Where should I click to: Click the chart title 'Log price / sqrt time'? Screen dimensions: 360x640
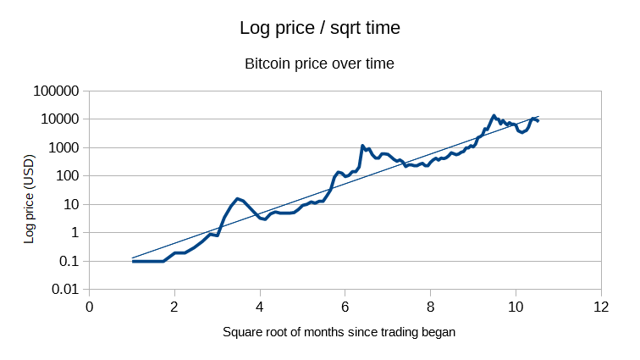pos(319,28)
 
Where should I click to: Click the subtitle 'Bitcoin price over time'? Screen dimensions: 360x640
pos(319,64)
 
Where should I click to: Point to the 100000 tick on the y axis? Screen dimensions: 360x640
pos(54,91)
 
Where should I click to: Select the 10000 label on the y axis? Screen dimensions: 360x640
pos(58,119)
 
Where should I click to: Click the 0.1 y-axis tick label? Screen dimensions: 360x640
pos(68,261)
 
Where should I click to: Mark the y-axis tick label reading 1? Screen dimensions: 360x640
pos(74,233)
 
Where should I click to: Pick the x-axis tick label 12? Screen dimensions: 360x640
pos(601,307)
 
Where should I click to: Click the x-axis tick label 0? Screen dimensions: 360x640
pos(89,307)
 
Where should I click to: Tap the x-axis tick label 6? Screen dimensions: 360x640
pos(345,307)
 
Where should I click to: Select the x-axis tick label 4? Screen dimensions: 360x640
pos(260,307)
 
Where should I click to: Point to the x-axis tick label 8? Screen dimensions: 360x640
pos(431,307)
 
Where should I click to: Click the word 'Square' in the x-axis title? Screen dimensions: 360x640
pos(242,332)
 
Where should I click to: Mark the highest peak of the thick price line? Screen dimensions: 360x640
pos(494,116)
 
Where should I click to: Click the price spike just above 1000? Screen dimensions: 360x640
pos(362,146)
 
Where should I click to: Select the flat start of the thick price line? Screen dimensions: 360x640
pos(147,261)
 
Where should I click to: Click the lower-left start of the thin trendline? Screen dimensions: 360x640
pos(133,258)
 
